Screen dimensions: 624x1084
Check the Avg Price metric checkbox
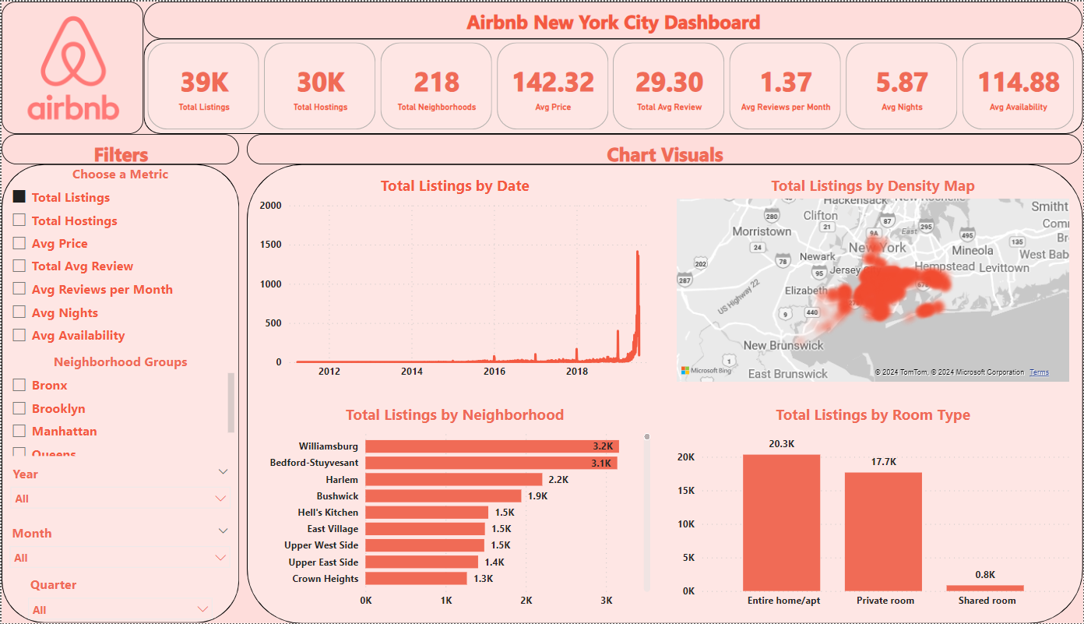[19, 243]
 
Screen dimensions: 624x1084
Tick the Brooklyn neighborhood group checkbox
[19, 408]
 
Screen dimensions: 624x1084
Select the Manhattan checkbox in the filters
[19, 431]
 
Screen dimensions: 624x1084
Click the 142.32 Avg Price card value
[553, 82]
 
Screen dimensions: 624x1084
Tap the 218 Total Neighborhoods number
[436, 82]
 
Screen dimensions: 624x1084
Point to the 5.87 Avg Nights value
[902, 82]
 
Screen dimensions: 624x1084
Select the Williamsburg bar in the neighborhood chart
[491, 446]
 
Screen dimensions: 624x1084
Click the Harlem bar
[453, 479]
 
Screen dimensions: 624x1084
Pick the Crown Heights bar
[416, 579]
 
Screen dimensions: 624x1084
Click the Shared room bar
[985, 587]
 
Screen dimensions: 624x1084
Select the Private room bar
[883, 531]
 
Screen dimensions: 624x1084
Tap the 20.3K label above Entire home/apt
[781, 443]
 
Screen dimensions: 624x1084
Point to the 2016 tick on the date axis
[494, 372]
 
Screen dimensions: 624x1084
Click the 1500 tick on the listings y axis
[270, 245]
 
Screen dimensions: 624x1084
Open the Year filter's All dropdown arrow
[220, 499]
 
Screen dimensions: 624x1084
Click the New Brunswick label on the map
[783, 345]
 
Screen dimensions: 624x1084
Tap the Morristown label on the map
[762, 231]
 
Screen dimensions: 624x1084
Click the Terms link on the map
[1039, 372]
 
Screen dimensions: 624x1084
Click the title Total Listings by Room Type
[873, 415]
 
